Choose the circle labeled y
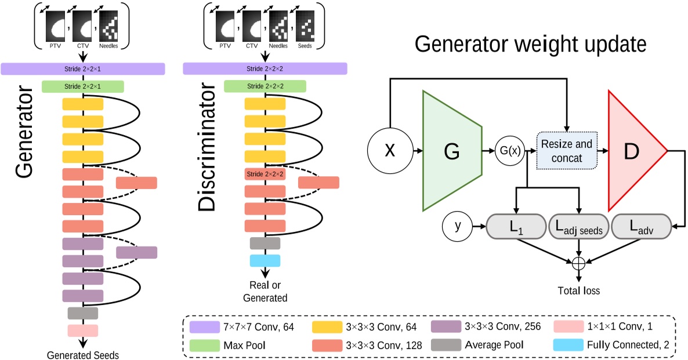457,226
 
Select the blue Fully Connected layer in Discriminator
265,261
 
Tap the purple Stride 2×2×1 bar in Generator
84,69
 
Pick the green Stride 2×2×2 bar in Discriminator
265,86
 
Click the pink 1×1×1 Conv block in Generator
83,330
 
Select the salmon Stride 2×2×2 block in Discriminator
265,174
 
